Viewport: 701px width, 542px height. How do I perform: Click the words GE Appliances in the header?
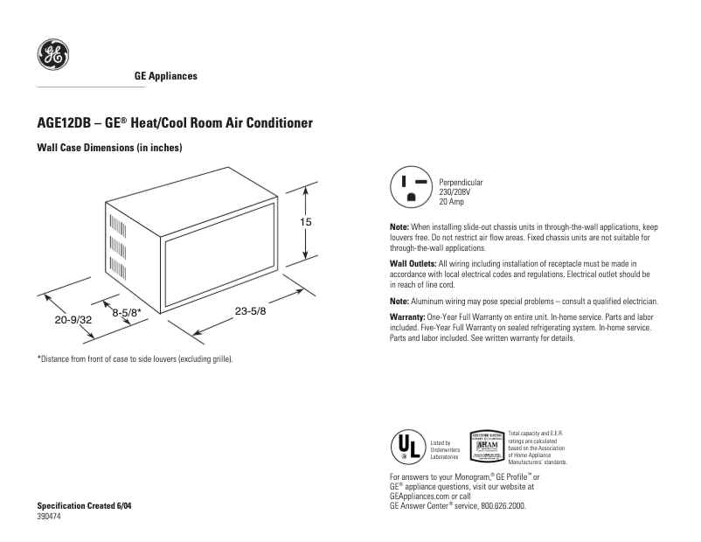pos(165,76)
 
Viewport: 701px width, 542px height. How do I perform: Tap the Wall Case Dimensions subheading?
pos(108,149)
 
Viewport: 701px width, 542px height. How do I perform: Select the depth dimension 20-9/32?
pos(73,320)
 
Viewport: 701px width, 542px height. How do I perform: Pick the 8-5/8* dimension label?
pos(126,310)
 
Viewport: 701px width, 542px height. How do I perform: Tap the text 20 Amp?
pos(452,202)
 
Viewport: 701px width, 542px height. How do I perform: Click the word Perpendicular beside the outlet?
pos(461,183)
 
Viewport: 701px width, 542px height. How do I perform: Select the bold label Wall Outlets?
pos(413,263)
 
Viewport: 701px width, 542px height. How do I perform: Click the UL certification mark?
pos(406,446)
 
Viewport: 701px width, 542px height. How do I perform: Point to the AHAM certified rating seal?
pos(486,446)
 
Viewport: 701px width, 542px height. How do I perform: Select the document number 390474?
pos(49,517)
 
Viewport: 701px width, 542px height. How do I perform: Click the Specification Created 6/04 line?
pos(85,506)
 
